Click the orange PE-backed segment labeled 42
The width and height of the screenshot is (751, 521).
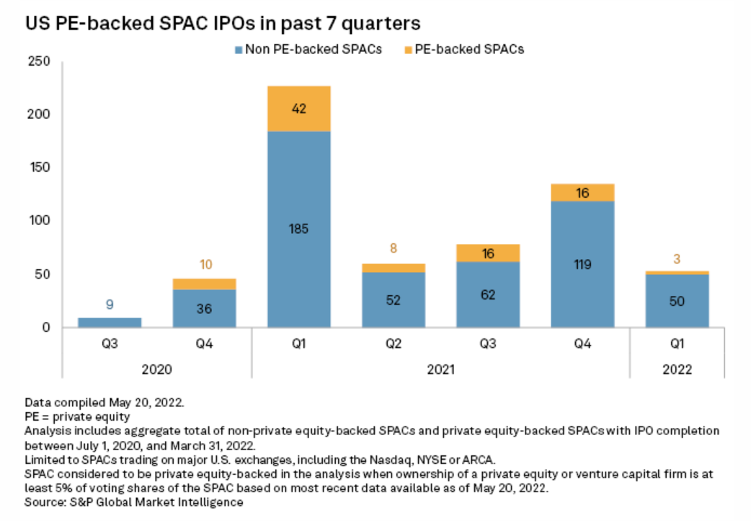coord(298,109)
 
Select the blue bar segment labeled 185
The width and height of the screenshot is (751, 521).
coord(298,229)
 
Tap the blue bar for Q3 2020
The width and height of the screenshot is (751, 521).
coord(110,322)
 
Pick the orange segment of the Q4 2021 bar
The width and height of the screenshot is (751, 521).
coord(582,193)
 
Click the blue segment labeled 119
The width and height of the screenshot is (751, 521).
coord(582,263)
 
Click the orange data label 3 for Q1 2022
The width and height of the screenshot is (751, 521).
coord(677,259)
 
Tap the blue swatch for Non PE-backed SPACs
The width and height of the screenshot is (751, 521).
coord(238,50)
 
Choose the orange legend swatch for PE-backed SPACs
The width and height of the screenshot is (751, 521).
coord(407,50)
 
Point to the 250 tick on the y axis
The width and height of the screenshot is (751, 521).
coord(40,62)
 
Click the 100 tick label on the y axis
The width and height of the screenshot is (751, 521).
coord(40,221)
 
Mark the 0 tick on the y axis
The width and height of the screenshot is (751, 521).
coord(45,327)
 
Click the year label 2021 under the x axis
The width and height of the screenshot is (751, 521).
coord(440,369)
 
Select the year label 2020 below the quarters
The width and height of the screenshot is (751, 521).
coord(156,369)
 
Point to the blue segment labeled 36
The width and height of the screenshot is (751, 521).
coord(204,308)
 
